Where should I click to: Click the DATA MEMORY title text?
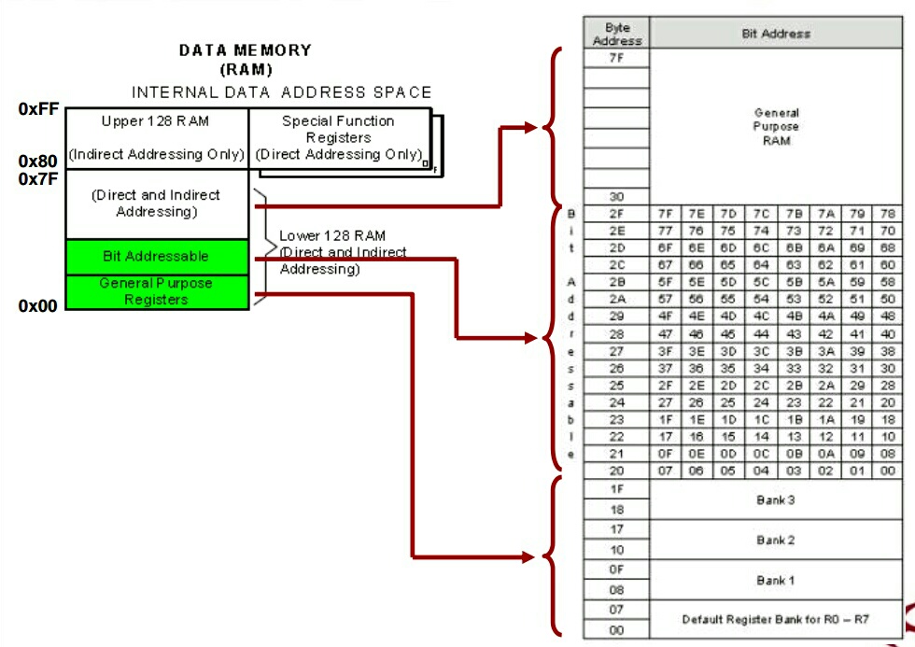[x=246, y=50]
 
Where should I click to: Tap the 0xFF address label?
[x=38, y=109]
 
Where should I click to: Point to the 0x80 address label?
[x=38, y=162]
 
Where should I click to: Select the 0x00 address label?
[x=38, y=305]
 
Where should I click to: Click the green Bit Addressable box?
[x=157, y=256]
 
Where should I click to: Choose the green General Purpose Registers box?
[x=157, y=291]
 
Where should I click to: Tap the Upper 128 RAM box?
[x=157, y=137]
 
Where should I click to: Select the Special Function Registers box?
[x=338, y=137]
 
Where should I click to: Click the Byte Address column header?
[x=617, y=34]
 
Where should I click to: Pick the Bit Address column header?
[x=776, y=34]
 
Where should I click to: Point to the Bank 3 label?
[x=775, y=500]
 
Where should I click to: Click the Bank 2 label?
[x=775, y=540]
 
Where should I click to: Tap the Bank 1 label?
[x=775, y=580]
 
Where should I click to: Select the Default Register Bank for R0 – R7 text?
[x=775, y=619]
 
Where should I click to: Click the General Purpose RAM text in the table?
[x=776, y=126]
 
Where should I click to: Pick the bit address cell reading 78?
[x=886, y=214]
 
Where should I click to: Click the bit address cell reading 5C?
[x=762, y=281]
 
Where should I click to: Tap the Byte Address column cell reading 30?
[x=616, y=197]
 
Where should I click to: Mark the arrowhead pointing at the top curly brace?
[x=531, y=126]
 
